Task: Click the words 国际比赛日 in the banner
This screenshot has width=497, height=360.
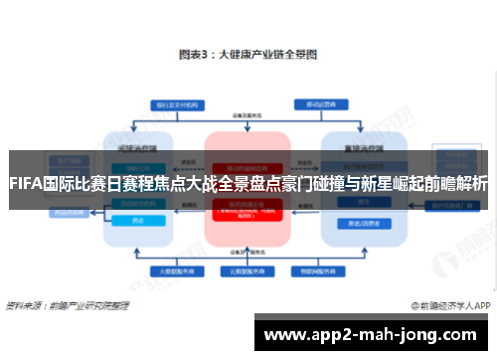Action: point(77,184)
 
